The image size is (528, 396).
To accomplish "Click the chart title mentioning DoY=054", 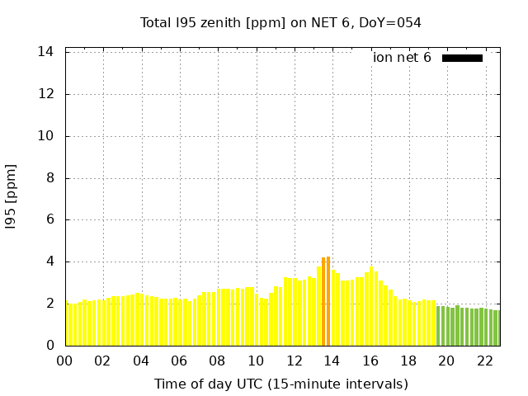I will tap(280, 22).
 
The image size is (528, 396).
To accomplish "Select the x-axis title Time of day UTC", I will tap(280, 384).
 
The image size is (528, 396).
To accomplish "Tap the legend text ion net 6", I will tap(402, 58).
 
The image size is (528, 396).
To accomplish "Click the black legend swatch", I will tap(462, 58).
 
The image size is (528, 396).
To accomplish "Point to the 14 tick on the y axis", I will tap(46, 52).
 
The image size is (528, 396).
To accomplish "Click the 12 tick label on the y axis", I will tap(46, 94).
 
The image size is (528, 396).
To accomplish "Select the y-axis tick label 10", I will tap(46, 136).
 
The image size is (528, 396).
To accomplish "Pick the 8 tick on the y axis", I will tap(50, 178).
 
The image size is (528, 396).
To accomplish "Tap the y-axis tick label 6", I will tap(50, 220).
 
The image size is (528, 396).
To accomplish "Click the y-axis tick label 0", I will tap(50, 346).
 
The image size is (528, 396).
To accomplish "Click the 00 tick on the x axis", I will tap(64, 361).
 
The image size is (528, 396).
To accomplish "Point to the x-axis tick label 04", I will tap(141, 361).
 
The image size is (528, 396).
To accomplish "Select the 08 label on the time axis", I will tap(217, 361).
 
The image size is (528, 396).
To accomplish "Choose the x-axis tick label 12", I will tap(294, 361).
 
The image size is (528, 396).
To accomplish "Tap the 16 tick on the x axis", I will tap(370, 361).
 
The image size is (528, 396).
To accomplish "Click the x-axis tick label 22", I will tap(485, 361).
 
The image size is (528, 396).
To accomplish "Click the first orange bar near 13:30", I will tap(323, 302).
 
